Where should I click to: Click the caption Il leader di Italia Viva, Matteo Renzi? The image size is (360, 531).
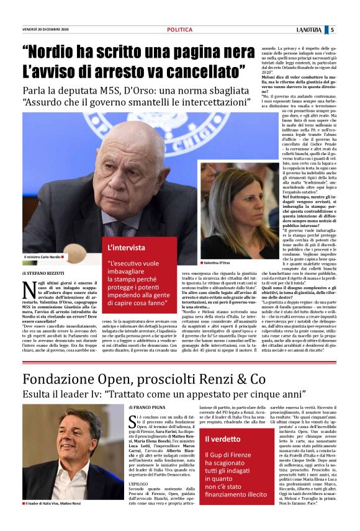point(56,520)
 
